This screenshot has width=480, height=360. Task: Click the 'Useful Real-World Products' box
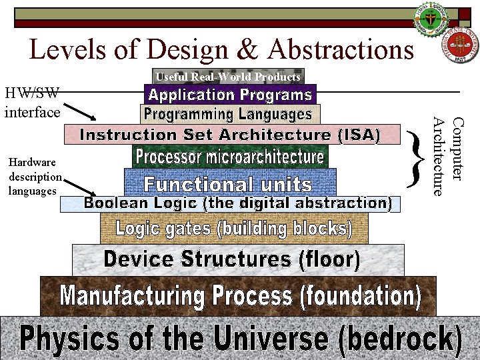(228, 77)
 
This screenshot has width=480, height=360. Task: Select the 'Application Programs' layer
(229, 95)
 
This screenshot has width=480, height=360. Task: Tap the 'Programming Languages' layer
(229, 114)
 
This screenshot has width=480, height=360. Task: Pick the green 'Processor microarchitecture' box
(230, 157)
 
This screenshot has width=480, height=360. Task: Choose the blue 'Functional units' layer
(229, 183)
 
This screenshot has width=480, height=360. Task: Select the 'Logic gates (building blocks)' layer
(234, 229)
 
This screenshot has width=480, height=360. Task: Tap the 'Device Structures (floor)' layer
(237, 259)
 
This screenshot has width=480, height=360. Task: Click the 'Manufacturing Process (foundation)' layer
(238, 295)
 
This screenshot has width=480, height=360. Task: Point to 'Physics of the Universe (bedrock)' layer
(240, 339)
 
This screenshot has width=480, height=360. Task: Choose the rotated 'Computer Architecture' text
(447, 157)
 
